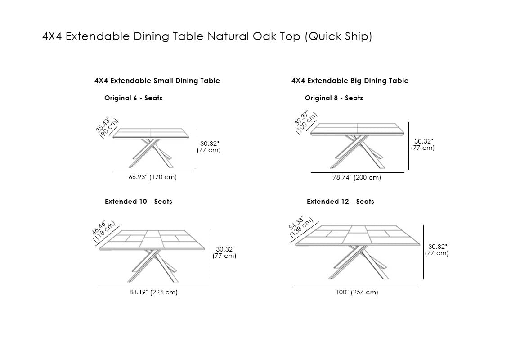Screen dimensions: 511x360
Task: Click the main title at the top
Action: [x=207, y=36]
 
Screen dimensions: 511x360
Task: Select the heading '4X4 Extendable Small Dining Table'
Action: [x=157, y=81]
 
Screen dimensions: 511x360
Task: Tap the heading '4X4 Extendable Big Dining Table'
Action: [x=350, y=81]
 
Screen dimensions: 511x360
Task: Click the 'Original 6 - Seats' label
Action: [x=133, y=98]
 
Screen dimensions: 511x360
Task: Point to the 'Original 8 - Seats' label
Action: [x=334, y=98]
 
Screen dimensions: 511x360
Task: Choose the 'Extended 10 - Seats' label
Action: [x=138, y=202]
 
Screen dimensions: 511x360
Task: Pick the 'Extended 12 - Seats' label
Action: [x=340, y=202]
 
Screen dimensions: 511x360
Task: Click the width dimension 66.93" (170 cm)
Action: [x=152, y=177]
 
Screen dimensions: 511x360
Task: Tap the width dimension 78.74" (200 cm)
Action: [x=357, y=177]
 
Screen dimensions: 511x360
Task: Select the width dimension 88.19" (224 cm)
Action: [x=153, y=292]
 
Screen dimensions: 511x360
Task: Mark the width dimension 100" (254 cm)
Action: [x=357, y=292]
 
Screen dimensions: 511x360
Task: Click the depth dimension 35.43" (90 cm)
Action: [x=107, y=127]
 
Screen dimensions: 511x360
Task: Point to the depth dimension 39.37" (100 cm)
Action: [x=305, y=122]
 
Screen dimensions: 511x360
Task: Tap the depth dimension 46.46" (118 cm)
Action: [x=103, y=231]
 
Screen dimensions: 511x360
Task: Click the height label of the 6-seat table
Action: [x=209, y=147]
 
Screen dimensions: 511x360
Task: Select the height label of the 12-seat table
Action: [x=437, y=250]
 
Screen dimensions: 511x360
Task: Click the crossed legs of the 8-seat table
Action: [x=358, y=152]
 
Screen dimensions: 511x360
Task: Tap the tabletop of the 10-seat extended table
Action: [x=152, y=240]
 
